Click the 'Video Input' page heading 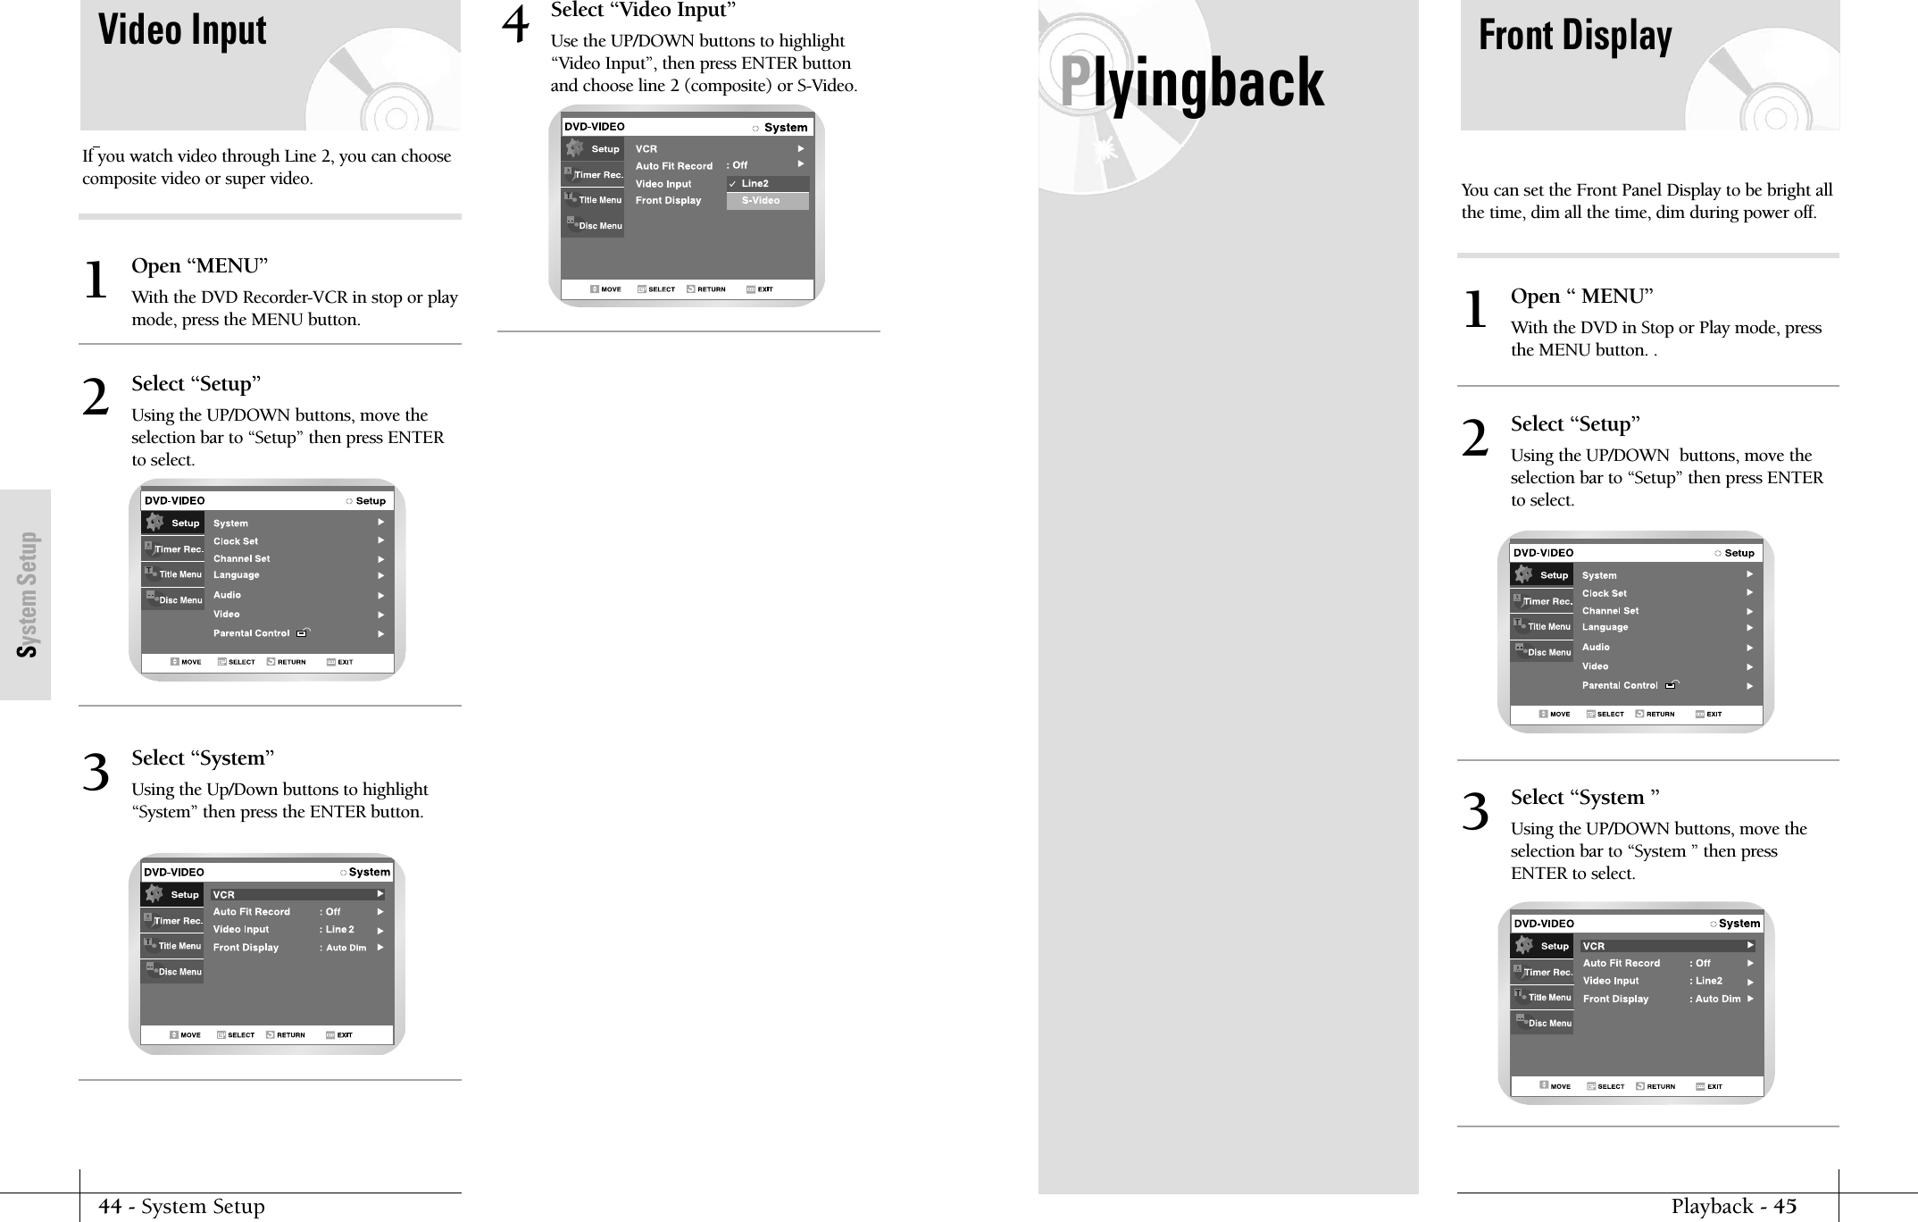click(182, 30)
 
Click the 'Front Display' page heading click(1575, 36)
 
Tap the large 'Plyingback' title click(1192, 83)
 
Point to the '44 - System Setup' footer click(181, 1207)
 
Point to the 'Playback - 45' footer click(1733, 1207)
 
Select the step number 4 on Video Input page click(515, 25)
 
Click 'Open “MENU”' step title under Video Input click(199, 266)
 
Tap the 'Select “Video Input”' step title click(643, 11)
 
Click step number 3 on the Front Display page click(1475, 812)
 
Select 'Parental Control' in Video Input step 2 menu click(252, 633)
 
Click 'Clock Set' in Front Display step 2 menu click(1605, 593)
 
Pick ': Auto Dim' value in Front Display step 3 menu click(1715, 999)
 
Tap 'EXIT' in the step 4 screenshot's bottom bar click(764, 289)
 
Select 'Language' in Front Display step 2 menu click(1605, 627)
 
